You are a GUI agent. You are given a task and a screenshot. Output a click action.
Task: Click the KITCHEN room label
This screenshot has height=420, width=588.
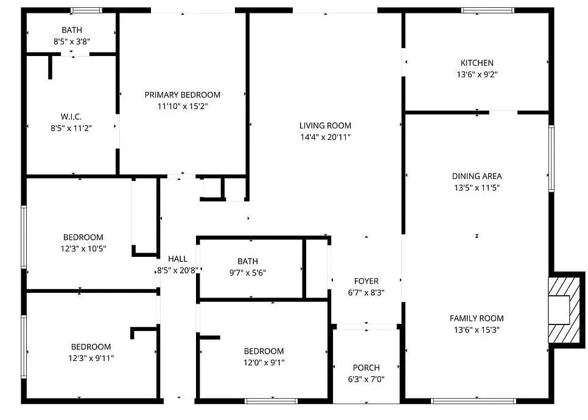pos(477,63)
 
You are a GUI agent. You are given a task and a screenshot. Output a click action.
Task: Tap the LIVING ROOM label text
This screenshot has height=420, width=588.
pos(325,125)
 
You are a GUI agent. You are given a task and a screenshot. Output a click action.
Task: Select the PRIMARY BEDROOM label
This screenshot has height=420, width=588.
pos(182,94)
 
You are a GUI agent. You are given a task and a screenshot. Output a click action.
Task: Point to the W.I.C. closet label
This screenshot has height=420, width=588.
pos(71,116)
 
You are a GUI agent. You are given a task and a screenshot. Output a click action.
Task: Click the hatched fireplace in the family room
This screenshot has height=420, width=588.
pos(563,309)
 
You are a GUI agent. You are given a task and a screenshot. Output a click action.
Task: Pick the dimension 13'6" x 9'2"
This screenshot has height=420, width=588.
pos(477,74)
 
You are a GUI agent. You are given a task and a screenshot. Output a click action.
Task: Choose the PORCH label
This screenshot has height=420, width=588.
pos(366,368)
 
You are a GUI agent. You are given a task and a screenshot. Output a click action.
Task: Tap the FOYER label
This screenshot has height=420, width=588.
pos(366,281)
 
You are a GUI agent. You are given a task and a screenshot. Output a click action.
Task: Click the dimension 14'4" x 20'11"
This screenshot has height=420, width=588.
pos(325,137)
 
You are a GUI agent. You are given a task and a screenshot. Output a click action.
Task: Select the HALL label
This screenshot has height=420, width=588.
pos(177,259)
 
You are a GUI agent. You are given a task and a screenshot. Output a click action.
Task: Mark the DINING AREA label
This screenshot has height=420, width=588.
pos(477,176)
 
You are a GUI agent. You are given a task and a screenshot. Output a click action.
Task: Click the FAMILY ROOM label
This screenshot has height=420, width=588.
pos(477,318)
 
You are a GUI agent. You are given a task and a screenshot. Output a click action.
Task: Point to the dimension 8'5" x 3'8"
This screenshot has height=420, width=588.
pos(71,41)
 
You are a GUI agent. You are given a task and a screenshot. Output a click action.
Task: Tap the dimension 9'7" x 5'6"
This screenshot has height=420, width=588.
pos(248,273)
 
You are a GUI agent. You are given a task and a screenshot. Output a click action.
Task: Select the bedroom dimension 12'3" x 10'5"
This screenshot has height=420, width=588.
pos(83,248)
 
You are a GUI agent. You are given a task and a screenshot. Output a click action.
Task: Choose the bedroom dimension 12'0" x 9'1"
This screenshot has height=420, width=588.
pos(264,363)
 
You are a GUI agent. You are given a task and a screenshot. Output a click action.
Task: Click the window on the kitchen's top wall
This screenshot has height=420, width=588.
pos(487,10)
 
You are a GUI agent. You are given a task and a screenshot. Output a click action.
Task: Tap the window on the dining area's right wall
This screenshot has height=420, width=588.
pos(551,158)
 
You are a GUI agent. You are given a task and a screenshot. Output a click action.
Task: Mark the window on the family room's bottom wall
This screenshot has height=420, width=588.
pos(473,401)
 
